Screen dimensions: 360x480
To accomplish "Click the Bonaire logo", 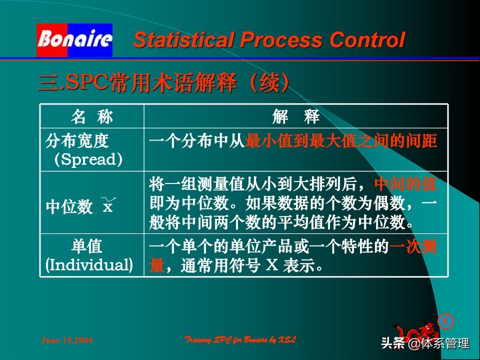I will pos(74,40).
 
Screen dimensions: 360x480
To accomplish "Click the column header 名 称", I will pos(92,117).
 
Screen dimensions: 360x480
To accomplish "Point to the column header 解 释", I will pos(296,117).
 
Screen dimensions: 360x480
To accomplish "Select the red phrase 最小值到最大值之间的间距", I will pos(341,141).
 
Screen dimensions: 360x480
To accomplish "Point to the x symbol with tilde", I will pos(107,205).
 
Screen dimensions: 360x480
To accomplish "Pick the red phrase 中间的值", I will pos(405,184).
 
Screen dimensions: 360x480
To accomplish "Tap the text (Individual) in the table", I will pos(89,264).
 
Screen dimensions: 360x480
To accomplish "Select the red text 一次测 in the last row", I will pos(413,247).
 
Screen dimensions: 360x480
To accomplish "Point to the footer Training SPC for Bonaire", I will pos(240,340).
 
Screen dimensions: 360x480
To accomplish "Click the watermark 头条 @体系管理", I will pos(425,344).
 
